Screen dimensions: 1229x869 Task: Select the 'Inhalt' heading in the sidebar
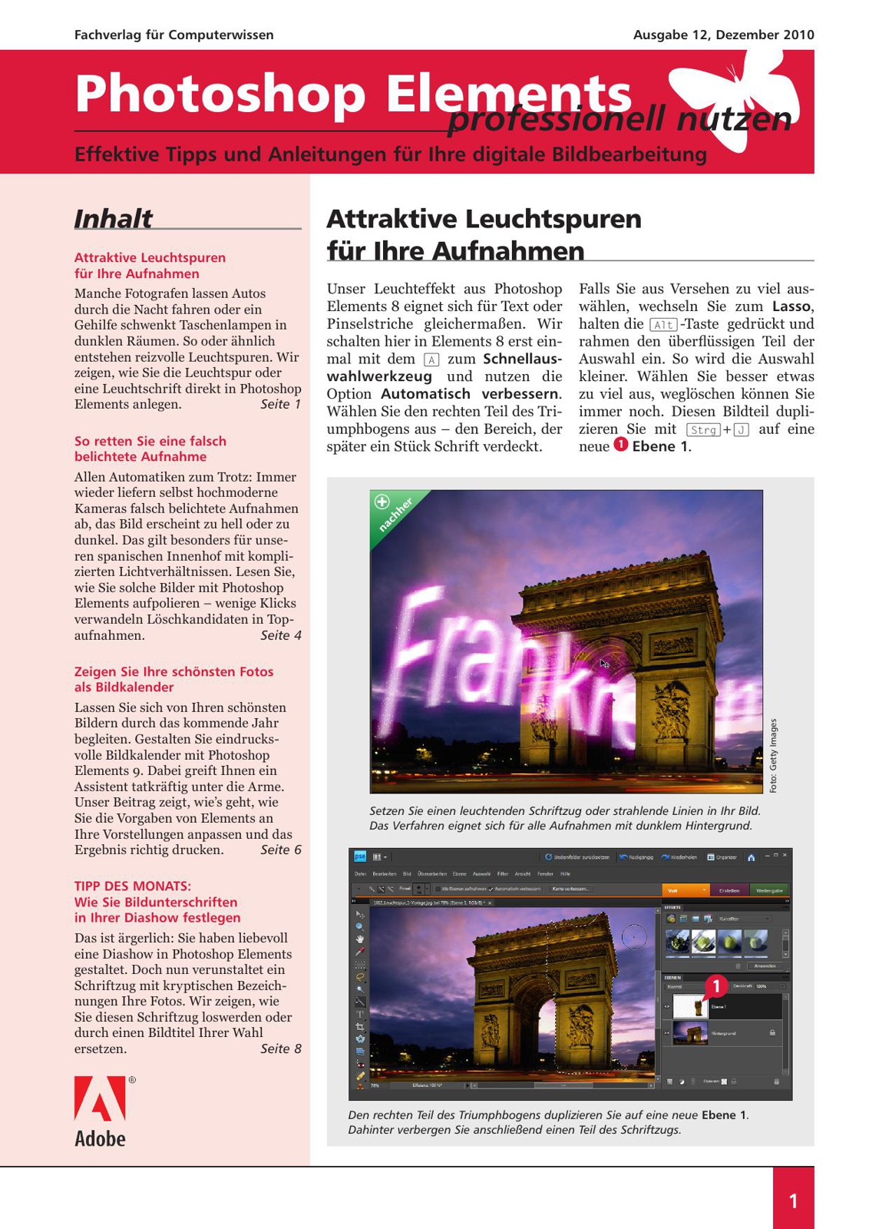[113, 219]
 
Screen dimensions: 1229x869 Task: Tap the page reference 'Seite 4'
[280, 635]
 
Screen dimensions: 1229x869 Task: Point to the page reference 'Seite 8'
[280, 1048]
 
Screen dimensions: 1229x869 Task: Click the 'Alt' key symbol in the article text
[663, 324]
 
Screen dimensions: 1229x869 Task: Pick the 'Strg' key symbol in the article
[703, 429]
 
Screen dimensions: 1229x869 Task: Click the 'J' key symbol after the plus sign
[741, 429]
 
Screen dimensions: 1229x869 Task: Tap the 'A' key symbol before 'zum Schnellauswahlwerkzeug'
[431, 359]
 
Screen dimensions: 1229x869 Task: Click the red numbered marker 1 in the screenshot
[715, 986]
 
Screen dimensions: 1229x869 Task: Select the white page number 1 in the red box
[793, 1201]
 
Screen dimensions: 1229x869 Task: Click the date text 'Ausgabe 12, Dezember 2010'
[723, 35]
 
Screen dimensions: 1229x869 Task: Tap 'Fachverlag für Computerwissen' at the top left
[173, 35]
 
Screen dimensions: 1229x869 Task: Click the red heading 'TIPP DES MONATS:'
[133, 886]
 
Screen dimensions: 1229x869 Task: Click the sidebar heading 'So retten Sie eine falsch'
[150, 441]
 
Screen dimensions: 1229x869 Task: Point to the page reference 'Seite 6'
[280, 850]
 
